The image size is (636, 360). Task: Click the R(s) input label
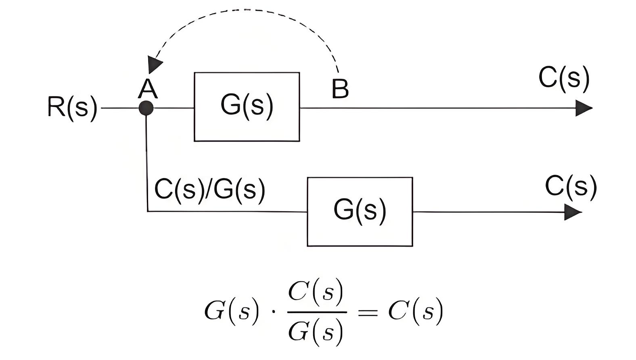pyautogui.click(x=72, y=108)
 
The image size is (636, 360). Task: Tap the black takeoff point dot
pyautogui.click(x=146, y=108)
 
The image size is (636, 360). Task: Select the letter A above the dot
pyautogui.click(x=148, y=88)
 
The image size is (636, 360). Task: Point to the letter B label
pyautogui.click(x=340, y=89)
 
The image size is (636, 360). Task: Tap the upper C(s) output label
pyautogui.click(x=564, y=79)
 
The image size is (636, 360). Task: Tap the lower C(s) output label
pyautogui.click(x=571, y=187)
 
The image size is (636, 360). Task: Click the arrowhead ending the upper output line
pyautogui.click(x=584, y=108)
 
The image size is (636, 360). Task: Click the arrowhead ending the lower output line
pyautogui.click(x=573, y=212)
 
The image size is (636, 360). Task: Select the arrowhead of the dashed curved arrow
pyautogui.click(x=155, y=64)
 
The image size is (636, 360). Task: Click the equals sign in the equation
pyautogui.click(x=368, y=313)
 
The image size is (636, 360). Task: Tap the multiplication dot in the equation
pyautogui.click(x=274, y=312)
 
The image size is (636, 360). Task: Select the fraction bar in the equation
pyautogui.click(x=317, y=312)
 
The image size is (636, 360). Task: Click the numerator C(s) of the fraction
pyautogui.click(x=316, y=293)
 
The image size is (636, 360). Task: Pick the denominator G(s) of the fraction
pyautogui.click(x=316, y=332)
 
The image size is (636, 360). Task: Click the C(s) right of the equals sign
pyautogui.click(x=416, y=312)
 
